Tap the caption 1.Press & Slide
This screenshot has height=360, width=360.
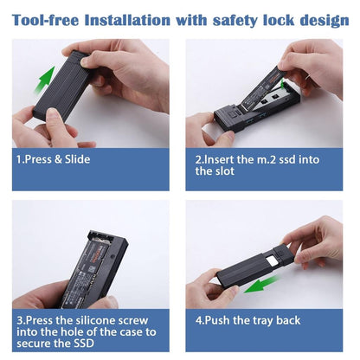click(53, 159)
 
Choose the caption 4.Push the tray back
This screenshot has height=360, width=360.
click(248, 320)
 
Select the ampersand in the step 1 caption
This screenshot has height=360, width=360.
click(58, 159)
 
